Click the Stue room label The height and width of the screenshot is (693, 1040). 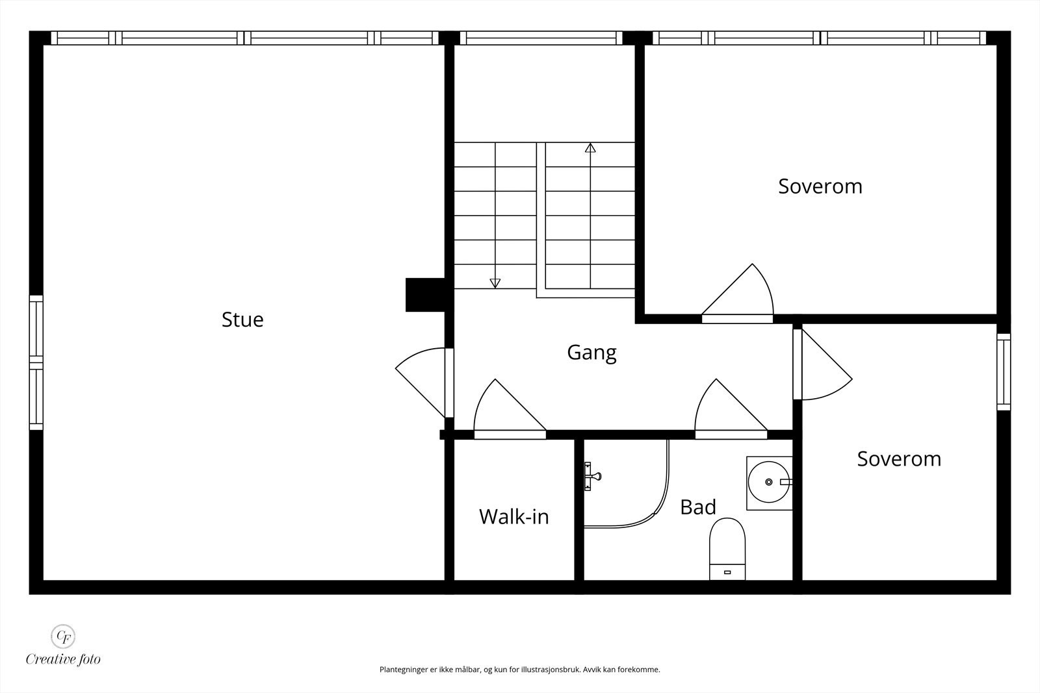(x=242, y=320)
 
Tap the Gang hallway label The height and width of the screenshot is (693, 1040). (x=591, y=352)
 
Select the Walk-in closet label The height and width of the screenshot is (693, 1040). (x=513, y=517)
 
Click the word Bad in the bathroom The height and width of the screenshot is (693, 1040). (x=697, y=507)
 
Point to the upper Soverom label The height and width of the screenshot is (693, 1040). (x=820, y=186)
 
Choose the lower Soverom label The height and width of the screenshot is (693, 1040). (x=898, y=459)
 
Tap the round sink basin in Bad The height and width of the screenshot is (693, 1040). (x=769, y=483)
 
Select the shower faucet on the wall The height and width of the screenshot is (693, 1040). (x=591, y=476)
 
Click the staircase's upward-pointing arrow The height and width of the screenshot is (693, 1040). (x=590, y=148)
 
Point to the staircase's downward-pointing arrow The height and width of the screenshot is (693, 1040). (x=495, y=283)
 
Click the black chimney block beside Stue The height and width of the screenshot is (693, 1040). (x=424, y=295)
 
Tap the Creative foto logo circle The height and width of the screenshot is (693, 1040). (x=63, y=635)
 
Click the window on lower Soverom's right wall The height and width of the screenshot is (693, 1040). (x=1004, y=372)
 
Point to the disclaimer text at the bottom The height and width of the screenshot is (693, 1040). (x=519, y=669)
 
